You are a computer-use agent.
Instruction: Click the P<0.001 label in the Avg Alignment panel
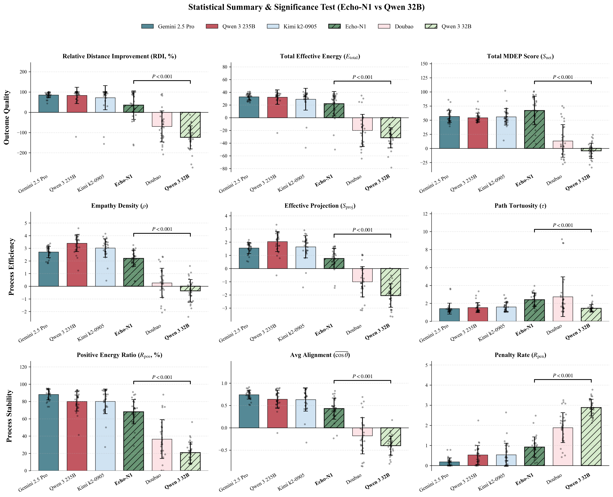tap(362, 376)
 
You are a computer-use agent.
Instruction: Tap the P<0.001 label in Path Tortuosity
tap(563, 225)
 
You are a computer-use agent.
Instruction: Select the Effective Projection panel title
tap(320, 206)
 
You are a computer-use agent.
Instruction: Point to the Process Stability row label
tap(9, 416)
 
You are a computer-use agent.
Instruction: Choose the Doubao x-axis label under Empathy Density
tap(153, 330)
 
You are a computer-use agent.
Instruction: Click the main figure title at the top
tap(306, 7)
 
